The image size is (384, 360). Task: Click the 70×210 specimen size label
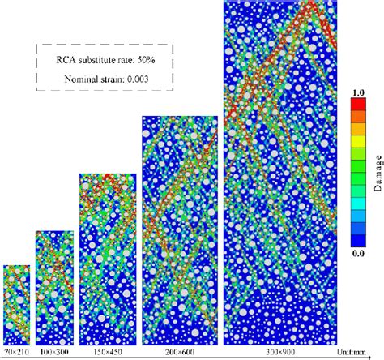tap(17, 351)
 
